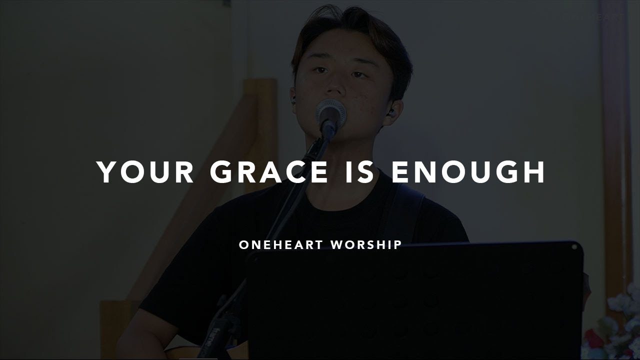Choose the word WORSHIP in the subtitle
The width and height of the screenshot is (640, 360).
pyautogui.click(x=366, y=245)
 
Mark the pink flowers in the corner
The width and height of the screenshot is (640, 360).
pyautogui.click(x=617, y=325)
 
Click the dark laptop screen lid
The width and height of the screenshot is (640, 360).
pyautogui.click(x=415, y=300)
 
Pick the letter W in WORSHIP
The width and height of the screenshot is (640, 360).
pyautogui.click(x=337, y=245)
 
